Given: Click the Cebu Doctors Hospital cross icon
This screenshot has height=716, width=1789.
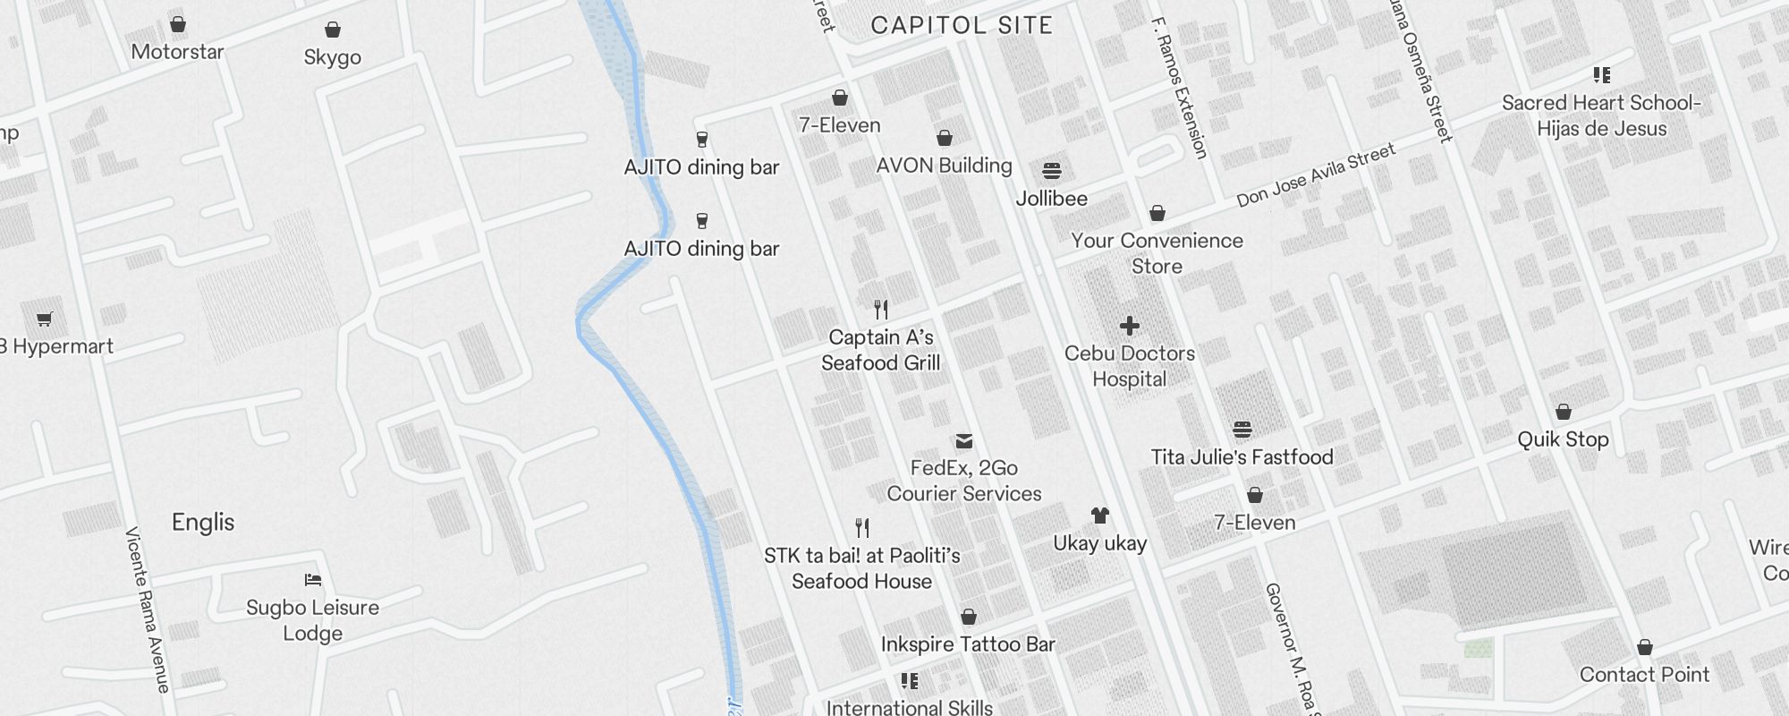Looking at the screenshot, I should pos(1130,326).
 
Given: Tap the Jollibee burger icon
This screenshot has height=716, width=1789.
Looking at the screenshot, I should pos(1052,171).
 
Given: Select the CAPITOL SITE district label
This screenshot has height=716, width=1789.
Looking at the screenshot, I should pos(962,25).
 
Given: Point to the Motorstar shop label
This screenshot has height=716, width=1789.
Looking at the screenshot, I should pos(177,52).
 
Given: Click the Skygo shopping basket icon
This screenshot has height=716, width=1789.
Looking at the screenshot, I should pos(333,30).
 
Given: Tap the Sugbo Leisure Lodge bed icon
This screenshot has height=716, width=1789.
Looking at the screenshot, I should pos(313,580).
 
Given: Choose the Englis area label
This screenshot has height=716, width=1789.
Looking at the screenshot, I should pos(203,523).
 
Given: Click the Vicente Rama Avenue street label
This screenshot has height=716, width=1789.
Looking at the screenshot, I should pos(148,609).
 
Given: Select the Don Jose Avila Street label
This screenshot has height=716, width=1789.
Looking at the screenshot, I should pos(1316,175).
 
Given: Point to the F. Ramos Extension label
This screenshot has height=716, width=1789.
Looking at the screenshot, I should pos(1180,88).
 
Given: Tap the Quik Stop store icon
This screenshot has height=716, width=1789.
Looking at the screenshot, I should pos(1564,412).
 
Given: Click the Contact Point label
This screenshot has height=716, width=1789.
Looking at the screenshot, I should pos(1644,675).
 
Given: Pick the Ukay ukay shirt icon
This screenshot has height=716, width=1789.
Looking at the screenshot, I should pos(1100,516).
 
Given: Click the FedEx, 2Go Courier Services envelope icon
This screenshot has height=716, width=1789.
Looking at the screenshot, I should pos(964,441).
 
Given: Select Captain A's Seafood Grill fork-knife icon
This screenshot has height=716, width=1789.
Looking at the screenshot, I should pos(881,310).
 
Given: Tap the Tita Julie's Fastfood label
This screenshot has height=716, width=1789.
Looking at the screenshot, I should pos(1242,457).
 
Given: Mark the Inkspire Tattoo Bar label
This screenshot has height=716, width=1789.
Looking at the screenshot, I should pos(968,644).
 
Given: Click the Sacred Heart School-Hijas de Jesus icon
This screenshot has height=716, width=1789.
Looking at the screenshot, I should pos(1601,75).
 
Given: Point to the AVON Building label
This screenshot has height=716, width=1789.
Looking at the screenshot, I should pos(944,166).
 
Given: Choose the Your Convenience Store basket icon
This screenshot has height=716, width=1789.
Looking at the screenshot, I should pos(1157,213).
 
